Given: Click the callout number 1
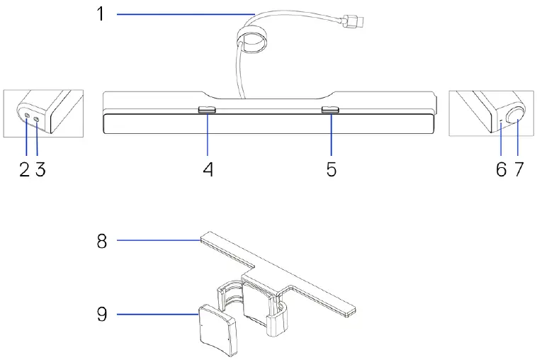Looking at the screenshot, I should click(101, 13).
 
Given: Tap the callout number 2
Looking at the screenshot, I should click(25, 171).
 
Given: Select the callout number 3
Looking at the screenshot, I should click(40, 171).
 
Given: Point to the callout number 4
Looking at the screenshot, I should click(208, 171).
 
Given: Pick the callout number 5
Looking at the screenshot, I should click(332, 171).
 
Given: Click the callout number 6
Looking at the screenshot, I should click(501, 171).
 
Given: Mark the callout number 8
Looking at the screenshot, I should click(102, 241).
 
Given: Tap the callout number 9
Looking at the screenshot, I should click(102, 313).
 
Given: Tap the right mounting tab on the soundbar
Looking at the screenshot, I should click(330, 111).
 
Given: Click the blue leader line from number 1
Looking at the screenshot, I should click(184, 13).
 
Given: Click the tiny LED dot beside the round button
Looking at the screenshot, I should click(502, 121).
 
